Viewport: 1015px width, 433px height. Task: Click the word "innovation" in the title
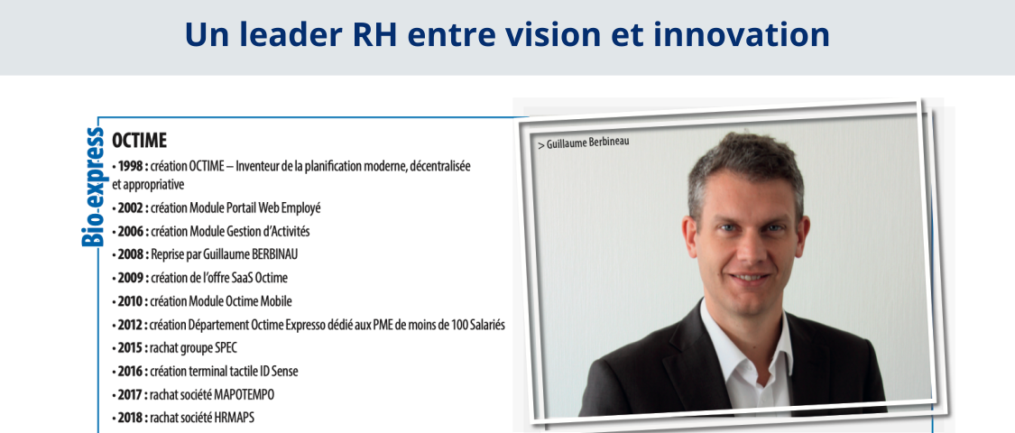pyautogui.click(x=742, y=34)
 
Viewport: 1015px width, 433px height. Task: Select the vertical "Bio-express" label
pyautogui.click(x=93, y=187)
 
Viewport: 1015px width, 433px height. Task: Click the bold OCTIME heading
pyautogui.click(x=139, y=141)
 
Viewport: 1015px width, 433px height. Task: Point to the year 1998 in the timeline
pyautogui.click(x=130, y=166)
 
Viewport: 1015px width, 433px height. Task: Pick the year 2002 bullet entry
pyautogui.click(x=129, y=207)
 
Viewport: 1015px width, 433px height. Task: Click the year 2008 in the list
pyautogui.click(x=129, y=254)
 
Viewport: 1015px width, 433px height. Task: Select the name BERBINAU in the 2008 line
pyautogui.click(x=272, y=254)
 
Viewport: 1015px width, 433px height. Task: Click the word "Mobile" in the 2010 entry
pyautogui.click(x=276, y=301)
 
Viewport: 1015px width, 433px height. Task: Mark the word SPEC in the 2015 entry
pyautogui.click(x=226, y=347)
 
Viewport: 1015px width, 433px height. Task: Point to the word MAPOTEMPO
pyautogui.click(x=249, y=395)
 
